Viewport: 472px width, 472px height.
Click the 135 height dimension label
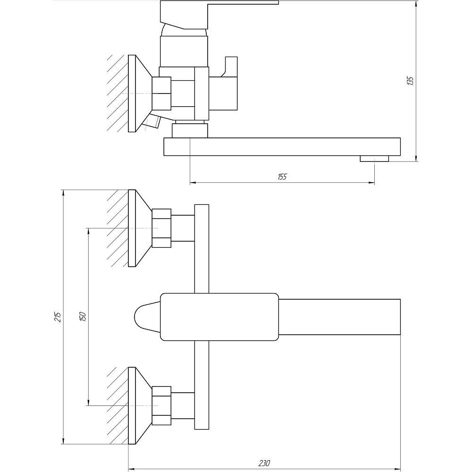tap(410, 81)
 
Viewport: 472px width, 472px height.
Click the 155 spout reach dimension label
tap(282, 177)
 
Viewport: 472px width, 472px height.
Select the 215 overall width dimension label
tap(58, 317)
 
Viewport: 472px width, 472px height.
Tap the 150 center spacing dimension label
tap(82, 317)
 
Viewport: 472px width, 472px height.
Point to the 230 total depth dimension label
tap(264, 463)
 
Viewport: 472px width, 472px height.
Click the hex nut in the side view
tap(161, 93)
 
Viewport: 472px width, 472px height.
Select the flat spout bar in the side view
tap(282, 146)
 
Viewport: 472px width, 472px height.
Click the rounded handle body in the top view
tap(219, 317)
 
